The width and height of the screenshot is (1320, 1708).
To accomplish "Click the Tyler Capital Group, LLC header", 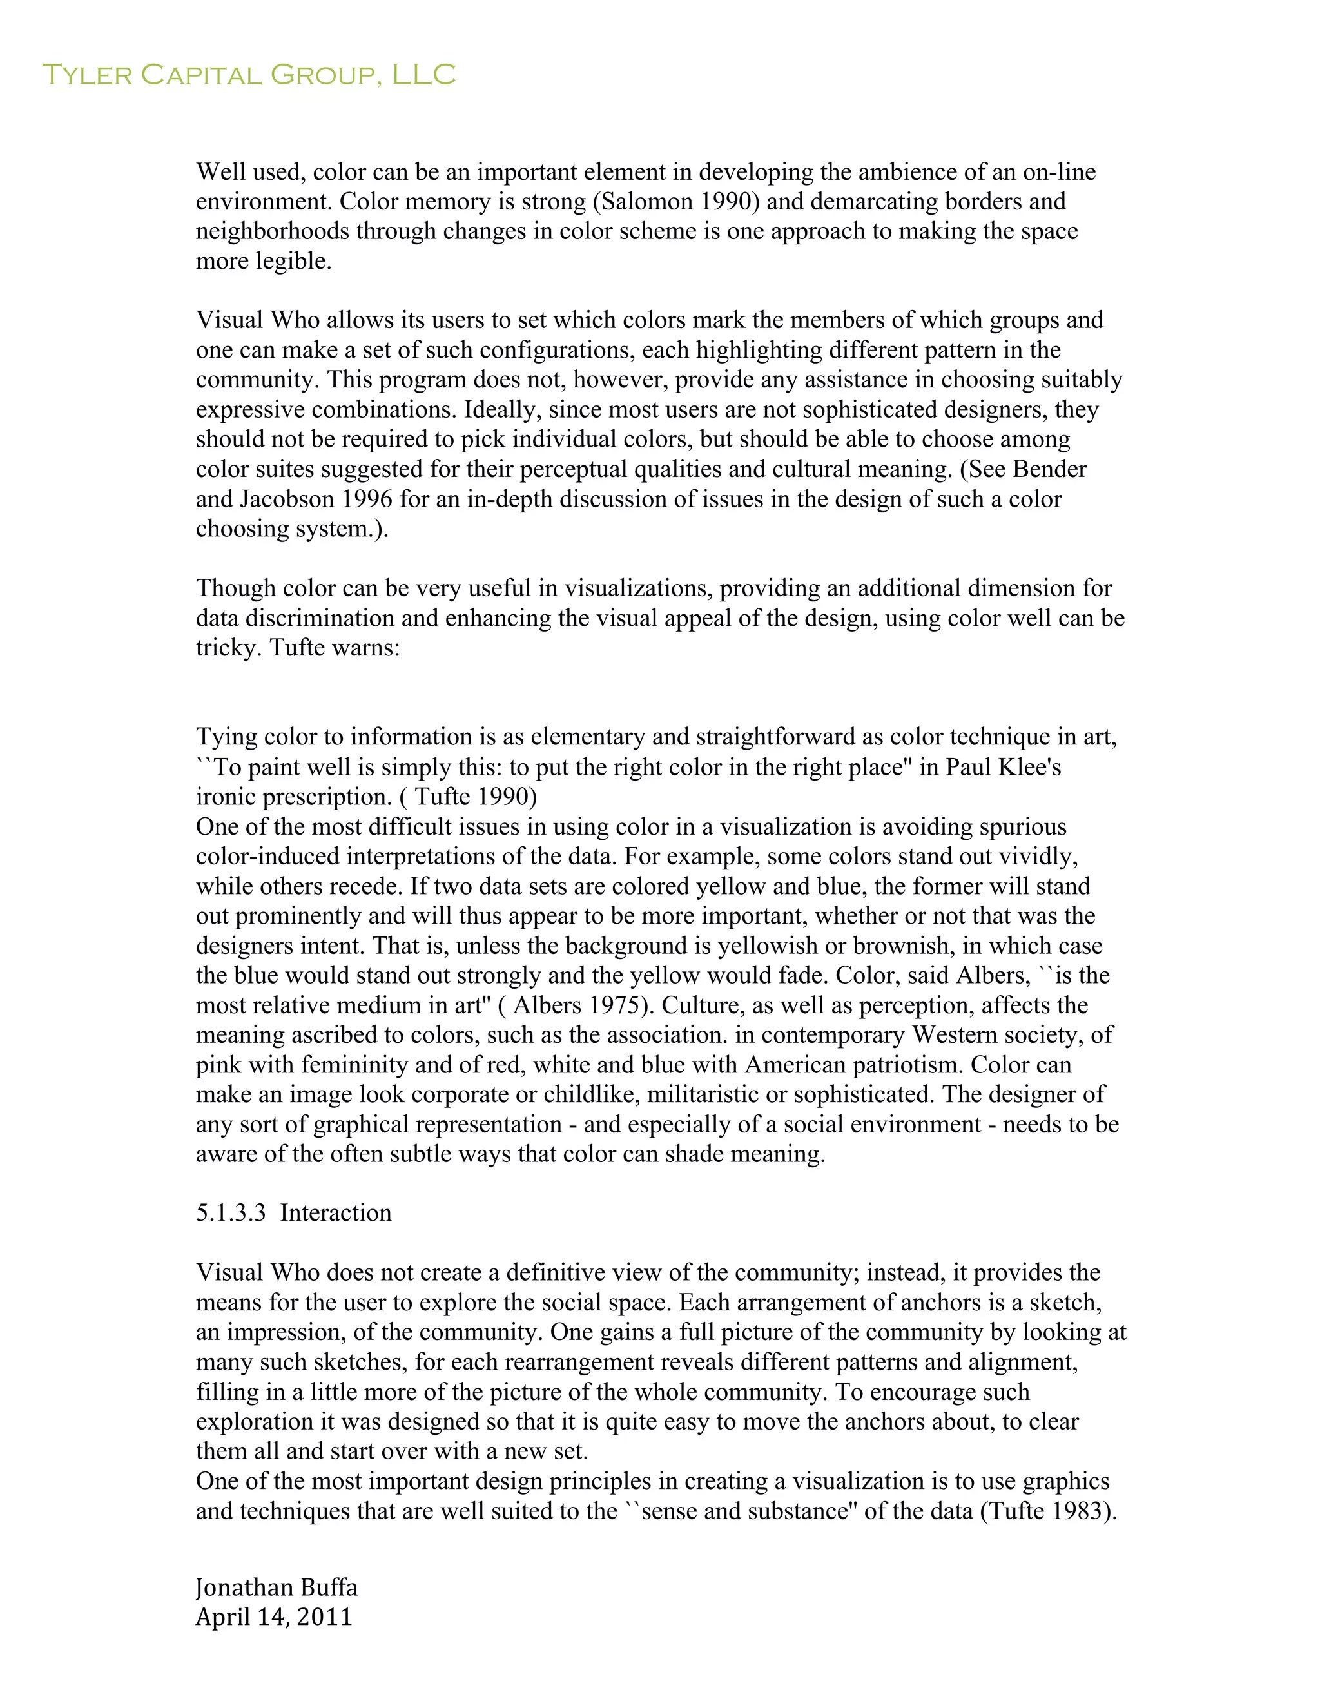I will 248,75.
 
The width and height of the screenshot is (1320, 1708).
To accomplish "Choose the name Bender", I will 1049,469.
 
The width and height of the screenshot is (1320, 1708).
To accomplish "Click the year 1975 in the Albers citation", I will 613,1005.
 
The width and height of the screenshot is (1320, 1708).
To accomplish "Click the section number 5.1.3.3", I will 231,1213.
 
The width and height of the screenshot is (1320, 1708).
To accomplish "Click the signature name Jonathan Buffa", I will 277,1587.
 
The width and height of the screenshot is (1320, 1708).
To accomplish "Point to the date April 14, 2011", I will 274,1616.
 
